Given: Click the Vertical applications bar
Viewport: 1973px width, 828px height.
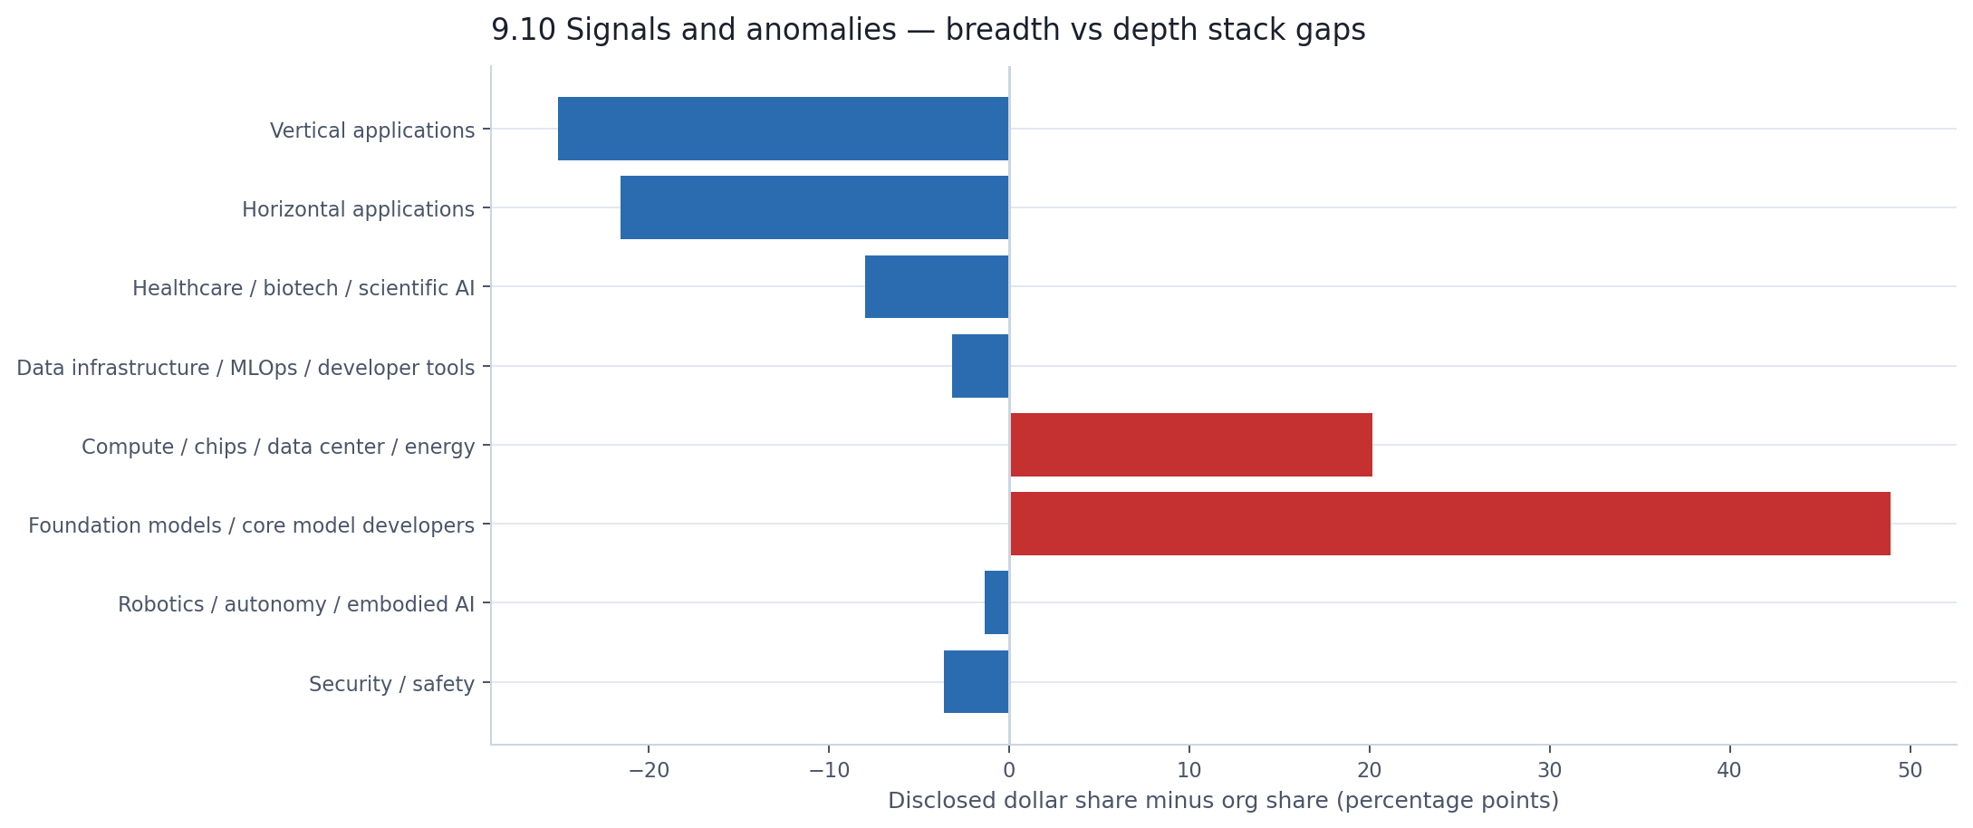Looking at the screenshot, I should coord(783,129).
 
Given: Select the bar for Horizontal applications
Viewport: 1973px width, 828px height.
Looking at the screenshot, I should coord(814,207).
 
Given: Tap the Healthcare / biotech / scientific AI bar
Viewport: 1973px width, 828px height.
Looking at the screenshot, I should coord(937,286).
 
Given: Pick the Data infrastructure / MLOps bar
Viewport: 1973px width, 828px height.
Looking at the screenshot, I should coord(980,366).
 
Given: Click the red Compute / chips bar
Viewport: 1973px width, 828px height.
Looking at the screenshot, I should coord(1190,445).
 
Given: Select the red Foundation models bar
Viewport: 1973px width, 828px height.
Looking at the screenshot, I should coord(1449,524).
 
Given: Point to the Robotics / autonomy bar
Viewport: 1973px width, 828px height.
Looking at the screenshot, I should coord(996,602).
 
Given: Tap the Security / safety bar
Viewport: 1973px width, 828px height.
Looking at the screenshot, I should coord(977,681).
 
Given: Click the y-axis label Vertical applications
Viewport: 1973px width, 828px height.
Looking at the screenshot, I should coord(371,130).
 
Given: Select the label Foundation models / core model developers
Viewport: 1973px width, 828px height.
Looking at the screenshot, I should coord(251,525).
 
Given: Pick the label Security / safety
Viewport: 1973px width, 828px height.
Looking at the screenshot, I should coord(391,684).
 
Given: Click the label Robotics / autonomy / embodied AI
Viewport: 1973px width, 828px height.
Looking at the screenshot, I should coord(295,604).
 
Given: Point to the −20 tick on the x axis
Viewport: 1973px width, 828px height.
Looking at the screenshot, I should coord(649,771).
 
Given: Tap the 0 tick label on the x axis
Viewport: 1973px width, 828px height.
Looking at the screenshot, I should coord(1008,771).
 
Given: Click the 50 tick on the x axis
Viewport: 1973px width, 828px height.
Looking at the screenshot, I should coord(1910,771).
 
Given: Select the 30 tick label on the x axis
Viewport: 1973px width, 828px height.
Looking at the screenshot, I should coord(1550,771).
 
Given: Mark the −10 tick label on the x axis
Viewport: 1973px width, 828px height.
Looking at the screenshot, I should coord(828,771).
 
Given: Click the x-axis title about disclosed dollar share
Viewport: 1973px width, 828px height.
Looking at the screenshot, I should coord(1223,801).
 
